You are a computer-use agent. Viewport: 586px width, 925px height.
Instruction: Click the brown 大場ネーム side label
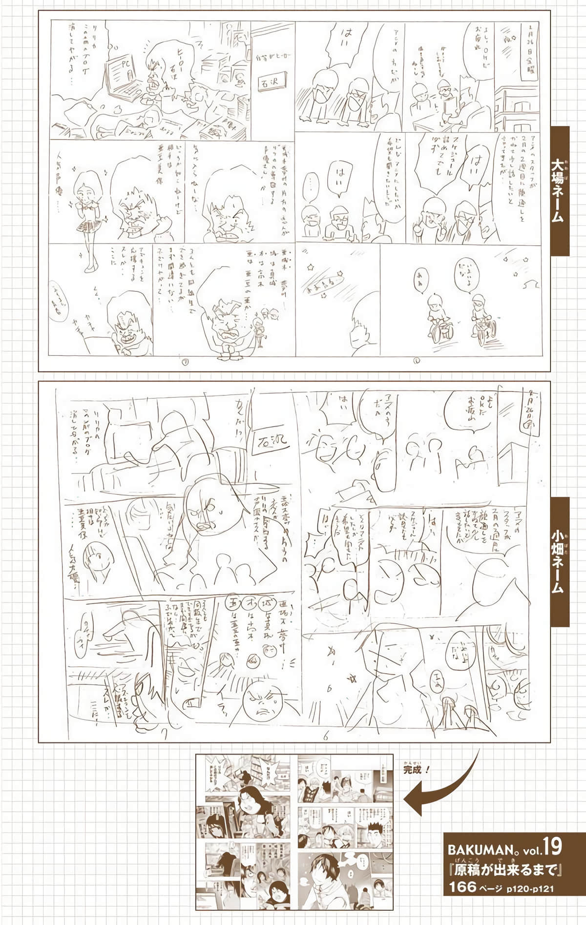[x=560, y=191]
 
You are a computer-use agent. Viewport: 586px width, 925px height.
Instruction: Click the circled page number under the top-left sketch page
[x=185, y=362]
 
